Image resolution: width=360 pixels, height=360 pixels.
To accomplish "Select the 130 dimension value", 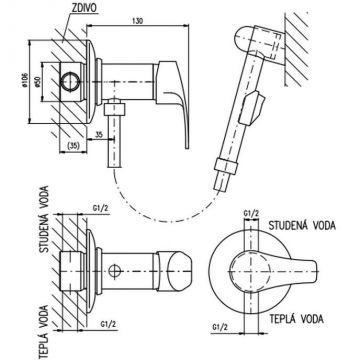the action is [x=138, y=21].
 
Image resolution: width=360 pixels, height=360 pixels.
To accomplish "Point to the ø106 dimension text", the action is [x=25, y=81].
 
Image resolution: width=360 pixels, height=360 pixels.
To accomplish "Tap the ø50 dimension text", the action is [x=37, y=81].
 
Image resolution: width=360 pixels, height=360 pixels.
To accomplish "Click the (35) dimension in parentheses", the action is [x=73, y=146].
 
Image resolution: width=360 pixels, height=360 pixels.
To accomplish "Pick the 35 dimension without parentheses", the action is [x=99, y=134].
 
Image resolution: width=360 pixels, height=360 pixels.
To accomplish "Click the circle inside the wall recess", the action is [x=70, y=81].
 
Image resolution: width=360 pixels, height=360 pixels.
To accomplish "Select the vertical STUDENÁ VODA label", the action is [x=44, y=219].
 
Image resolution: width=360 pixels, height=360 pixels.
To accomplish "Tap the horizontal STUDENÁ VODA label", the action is [x=302, y=225].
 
